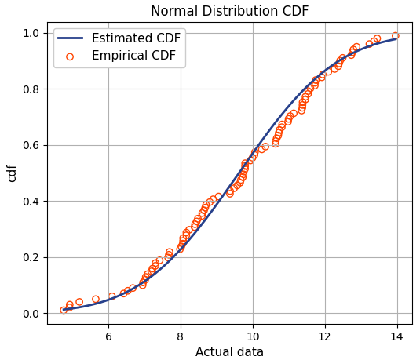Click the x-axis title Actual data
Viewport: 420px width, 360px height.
tap(229, 352)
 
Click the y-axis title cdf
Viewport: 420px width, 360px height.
tap(12, 173)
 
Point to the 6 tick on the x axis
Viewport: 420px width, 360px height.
tap(108, 336)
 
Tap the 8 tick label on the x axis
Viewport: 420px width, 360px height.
tap(181, 336)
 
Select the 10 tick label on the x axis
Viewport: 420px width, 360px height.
tap(253, 336)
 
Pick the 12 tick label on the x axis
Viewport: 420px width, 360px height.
tap(325, 336)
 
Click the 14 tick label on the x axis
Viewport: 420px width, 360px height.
tap(397, 336)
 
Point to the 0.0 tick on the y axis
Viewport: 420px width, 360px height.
tap(30, 314)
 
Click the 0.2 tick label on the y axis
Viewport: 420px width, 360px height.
tap(30, 257)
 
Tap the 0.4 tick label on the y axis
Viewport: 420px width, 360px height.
tap(30, 202)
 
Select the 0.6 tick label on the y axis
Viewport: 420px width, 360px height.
tap(30, 145)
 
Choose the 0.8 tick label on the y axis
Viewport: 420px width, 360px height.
tap(30, 89)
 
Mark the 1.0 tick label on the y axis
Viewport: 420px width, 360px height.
tap(30, 33)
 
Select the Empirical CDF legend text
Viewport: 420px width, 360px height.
tap(133, 56)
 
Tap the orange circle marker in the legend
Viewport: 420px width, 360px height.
tap(70, 56)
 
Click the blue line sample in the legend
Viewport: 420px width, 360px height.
tap(70, 38)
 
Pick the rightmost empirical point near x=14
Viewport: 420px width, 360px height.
tap(396, 35)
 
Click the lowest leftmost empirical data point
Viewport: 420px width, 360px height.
tap(64, 311)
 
